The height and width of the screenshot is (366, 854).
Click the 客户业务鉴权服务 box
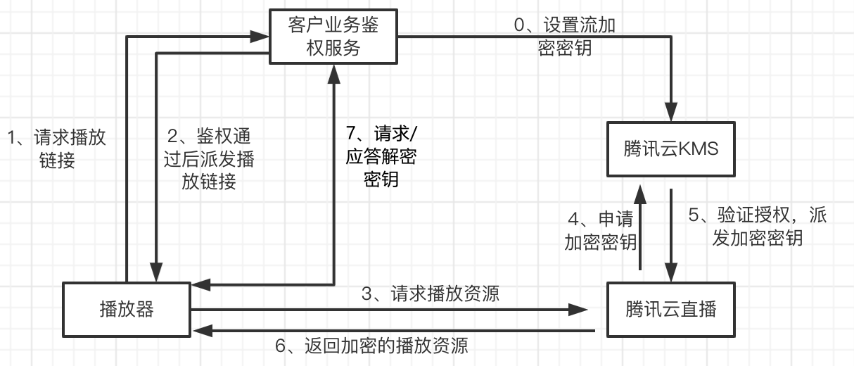point(333,37)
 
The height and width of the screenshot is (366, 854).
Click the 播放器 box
point(127,309)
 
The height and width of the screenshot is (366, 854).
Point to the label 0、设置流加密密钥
point(565,37)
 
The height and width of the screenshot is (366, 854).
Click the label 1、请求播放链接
point(56,149)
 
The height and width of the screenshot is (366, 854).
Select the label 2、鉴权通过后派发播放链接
point(208,159)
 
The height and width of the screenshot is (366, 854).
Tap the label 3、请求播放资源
point(431,293)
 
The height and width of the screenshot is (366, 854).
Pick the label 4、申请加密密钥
point(601,231)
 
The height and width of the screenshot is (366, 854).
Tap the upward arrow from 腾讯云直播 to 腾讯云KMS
point(640,229)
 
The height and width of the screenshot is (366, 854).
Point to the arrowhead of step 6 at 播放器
point(200,330)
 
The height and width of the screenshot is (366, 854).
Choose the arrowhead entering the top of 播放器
point(154,273)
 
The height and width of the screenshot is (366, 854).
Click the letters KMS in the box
point(700,149)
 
